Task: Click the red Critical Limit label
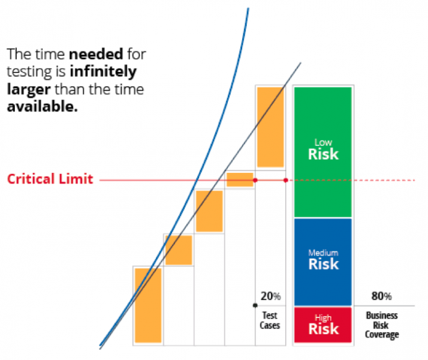50,179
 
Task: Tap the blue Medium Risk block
322,261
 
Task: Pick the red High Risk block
322,324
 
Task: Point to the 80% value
381,296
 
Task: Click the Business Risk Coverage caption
381,325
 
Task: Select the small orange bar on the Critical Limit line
240,179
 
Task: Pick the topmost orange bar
270,127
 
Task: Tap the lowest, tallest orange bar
148,305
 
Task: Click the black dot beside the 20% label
255,306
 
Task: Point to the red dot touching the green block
285,180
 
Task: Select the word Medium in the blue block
322,253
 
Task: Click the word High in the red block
322,318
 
